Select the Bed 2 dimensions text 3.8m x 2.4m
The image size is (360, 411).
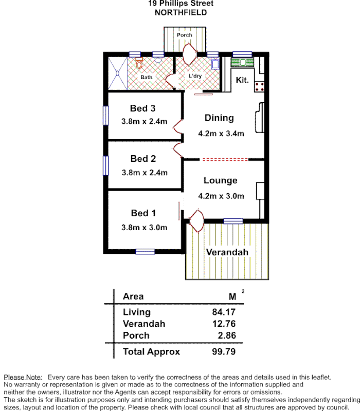(x=145, y=173)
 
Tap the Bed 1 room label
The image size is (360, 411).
(x=143, y=213)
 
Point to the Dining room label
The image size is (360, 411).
(x=219, y=118)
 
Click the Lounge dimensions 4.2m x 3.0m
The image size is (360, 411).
(x=221, y=196)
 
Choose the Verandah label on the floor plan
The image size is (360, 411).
(x=227, y=252)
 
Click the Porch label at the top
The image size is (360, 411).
(x=184, y=35)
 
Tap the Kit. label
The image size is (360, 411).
(x=242, y=80)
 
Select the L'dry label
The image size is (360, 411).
(x=194, y=77)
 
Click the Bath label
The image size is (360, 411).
(x=147, y=78)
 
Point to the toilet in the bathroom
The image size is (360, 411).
(x=139, y=64)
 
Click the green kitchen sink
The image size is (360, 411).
(x=243, y=63)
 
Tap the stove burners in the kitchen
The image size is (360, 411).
(x=259, y=86)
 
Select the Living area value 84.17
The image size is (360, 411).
(x=224, y=312)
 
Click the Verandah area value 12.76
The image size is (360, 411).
(x=224, y=324)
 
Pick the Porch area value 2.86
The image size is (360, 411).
(x=226, y=335)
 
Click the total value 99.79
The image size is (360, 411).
(x=224, y=352)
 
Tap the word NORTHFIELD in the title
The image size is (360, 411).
(x=181, y=12)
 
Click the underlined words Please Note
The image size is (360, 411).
(x=23, y=377)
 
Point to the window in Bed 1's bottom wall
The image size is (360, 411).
(x=145, y=252)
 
